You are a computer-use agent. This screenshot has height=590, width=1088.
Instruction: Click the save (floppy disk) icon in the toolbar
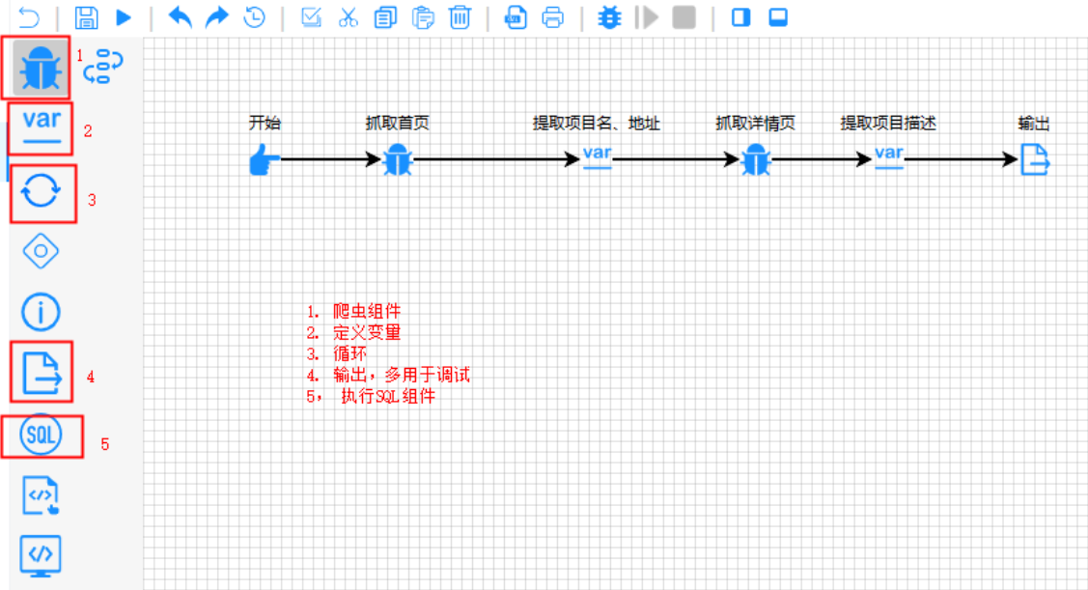[x=86, y=17]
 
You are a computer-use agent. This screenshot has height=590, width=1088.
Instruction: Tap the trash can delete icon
[x=460, y=17]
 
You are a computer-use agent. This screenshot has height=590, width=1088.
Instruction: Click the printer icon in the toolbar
[x=552, y=17]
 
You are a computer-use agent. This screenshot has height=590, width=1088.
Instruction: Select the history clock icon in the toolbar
[x=254, y=17]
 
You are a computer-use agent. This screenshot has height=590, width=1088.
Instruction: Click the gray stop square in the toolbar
[x=684, y=17]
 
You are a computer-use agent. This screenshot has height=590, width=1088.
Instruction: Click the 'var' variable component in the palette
[x=42, y=126]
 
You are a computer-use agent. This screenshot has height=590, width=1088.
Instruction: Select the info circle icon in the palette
[x=42, y=311]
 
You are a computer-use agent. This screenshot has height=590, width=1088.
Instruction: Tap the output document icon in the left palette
[x=42, y=372]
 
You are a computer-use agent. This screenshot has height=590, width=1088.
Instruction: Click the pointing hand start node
[x=264, y=160]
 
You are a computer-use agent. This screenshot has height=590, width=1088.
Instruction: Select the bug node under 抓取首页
[x=397, y=160]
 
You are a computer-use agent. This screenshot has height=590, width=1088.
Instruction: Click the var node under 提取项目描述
[x=888, y=157]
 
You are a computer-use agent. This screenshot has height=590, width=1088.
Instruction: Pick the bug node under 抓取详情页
[x=755, y=160]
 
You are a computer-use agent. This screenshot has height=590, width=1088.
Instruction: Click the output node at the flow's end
[x=1035, y=159]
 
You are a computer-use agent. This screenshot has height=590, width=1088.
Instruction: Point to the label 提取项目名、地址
[x=597, y=124]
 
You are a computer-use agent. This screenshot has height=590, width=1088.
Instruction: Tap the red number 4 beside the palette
[x=91, y=378]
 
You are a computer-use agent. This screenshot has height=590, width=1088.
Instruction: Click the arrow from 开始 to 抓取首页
[x=328, y=160]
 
